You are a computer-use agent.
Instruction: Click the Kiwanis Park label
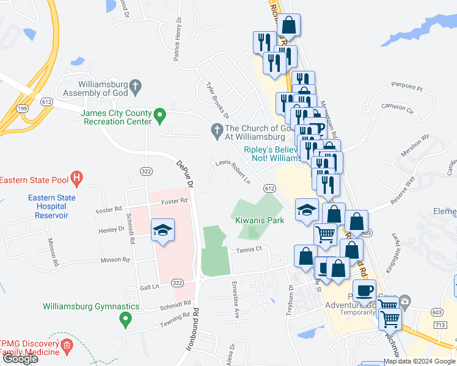click(260, 220)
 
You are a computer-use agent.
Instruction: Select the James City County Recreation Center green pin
click(159, 114)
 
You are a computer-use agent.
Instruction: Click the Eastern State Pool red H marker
click(76, 179)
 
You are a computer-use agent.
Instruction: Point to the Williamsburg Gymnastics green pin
click(125, 318)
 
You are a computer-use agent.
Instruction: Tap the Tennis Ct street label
click(250, 249)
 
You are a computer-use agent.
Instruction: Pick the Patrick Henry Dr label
click(178, 40)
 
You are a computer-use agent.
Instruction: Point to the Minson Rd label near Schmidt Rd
click(115, 260)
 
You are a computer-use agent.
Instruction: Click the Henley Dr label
click(112, 230)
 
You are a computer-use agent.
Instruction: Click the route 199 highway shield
click(23, 108)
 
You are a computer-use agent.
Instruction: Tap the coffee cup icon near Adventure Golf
click(365, 290)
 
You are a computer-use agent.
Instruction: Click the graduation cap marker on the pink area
click(163, 230)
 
